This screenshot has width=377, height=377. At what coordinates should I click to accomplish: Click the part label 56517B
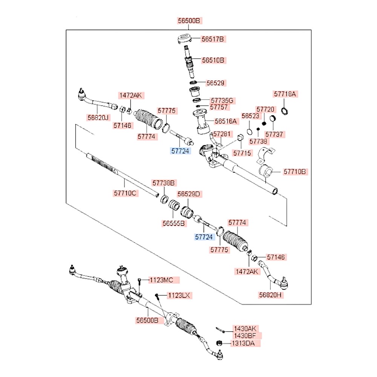point(213,39)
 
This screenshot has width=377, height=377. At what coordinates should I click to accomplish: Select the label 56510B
point(213,60)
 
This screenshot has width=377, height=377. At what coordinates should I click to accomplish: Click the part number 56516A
point(226,121)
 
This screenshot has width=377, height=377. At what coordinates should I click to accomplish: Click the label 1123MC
point(162,280)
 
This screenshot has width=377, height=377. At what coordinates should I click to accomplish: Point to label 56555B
point(174,224)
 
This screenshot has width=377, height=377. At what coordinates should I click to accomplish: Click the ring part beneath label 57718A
point(285,110)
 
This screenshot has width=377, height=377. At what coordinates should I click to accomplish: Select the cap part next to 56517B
point(185,38)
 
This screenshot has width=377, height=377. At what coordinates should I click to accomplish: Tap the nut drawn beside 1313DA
point(218,343)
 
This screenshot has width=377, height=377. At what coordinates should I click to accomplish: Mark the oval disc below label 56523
point(249,132)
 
